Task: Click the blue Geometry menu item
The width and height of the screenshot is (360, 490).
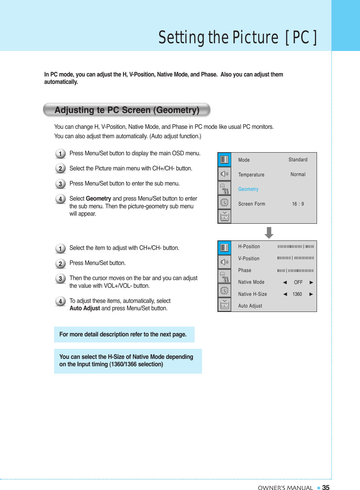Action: (248, 189)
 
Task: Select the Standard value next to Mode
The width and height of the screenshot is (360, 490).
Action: (298, 160)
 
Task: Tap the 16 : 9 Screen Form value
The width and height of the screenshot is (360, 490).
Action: (298, 204)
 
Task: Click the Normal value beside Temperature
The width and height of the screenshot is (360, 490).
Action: (298, 174)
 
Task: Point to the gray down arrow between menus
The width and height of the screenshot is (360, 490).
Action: (269, 232)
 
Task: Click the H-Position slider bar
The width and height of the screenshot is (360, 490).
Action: (296, 247)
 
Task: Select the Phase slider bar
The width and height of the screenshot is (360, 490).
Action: (296, 270)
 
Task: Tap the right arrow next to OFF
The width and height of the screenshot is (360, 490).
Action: (311, 282)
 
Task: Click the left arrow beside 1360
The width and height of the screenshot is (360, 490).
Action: (285, 294)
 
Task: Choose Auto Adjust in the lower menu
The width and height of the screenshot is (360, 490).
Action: (250, 306)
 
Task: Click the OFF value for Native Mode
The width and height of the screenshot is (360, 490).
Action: (298, 282)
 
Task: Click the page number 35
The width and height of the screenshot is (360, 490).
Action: (326, 488)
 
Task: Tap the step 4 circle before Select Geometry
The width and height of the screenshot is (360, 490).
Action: (60, 199)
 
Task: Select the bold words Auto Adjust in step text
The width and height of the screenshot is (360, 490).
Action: (85, 308)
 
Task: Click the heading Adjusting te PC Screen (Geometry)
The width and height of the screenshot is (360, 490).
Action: (127, 110)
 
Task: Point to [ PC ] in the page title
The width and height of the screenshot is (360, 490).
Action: (301, 37)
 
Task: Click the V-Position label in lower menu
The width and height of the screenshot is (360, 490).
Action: (249, 259)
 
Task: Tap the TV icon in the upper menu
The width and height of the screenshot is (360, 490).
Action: (225, 217)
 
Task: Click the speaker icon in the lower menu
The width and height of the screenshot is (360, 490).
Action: (225, 262)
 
